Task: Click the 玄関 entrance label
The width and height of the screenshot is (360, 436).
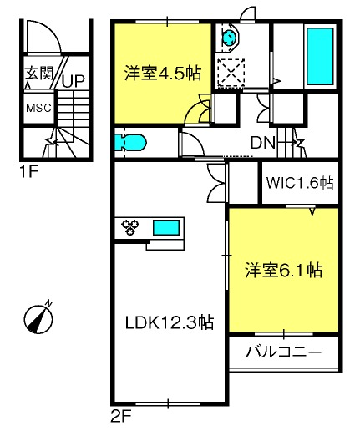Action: click(39, 74)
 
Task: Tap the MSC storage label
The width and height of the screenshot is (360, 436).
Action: click(38, 108)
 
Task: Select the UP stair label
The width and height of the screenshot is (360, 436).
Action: click(74, 81)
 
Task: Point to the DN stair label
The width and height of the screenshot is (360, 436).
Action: click(263, 143)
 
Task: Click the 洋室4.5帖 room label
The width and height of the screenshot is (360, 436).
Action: click(163, 74)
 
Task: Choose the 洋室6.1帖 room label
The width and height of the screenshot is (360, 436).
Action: click(284, 270)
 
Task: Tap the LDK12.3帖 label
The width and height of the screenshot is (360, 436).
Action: click(170, 322)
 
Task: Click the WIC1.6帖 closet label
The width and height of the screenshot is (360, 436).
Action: click(300, 183)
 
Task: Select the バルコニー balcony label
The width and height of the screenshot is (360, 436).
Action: click(283, 352)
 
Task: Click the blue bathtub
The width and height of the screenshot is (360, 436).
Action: click(320, 57)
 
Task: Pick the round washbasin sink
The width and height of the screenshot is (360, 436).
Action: click(230, 37)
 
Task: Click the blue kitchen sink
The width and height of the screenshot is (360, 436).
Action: click(166, 227)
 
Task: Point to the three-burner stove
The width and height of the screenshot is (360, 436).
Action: click(130, 226)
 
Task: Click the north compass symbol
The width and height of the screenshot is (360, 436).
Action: click(38, 317)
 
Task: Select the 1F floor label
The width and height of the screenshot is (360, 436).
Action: click(28, 171)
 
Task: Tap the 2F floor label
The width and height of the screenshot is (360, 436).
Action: click(121, 417)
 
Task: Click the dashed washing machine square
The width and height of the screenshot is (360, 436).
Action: click(231, 73)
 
